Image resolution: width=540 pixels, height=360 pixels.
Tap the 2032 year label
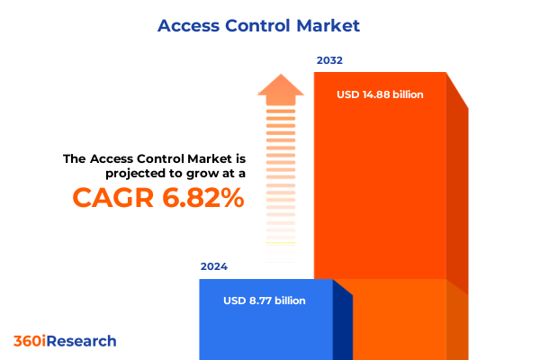(329, 61)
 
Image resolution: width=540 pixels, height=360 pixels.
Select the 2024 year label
(214, 267)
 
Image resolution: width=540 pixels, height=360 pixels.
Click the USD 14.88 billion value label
(380, 94)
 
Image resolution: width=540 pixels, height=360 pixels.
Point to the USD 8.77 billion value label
(265, 301)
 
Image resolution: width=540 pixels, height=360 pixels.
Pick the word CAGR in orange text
(110, 197)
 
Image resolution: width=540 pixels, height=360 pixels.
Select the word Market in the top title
(328, 25)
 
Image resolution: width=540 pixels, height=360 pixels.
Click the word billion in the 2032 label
(404, 94)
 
